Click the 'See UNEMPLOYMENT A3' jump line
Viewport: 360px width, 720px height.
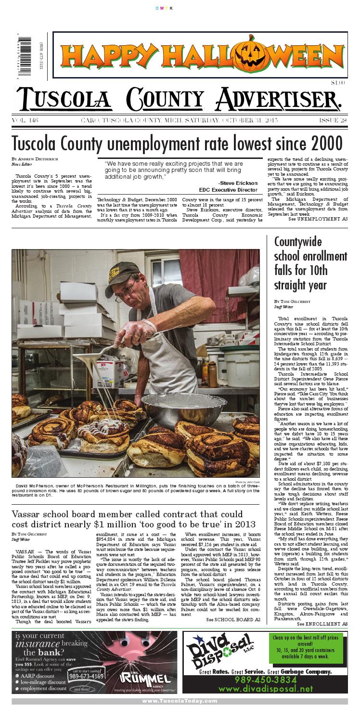318,219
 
